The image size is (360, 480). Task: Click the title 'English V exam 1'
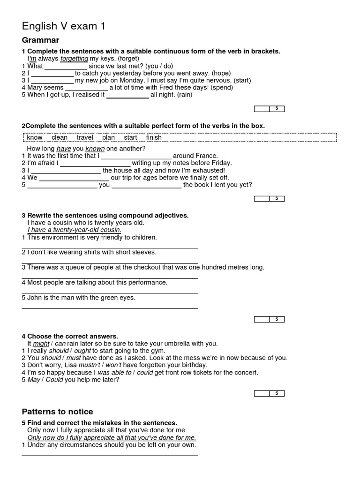click(x=64, y=27)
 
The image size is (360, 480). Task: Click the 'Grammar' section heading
click(x=40, y=40)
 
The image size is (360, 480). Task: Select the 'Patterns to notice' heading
click(x=57, y=412)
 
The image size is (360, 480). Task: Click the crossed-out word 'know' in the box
click(x=35, y=137)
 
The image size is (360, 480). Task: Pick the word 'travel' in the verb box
click(x=85, y=137)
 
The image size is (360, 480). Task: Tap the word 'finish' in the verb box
click(x=154, y=137)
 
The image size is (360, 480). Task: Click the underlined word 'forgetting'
click(x=74, y=59)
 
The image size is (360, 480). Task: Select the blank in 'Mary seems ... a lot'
click(x=86, y=88)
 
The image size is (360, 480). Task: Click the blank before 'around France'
click(x=136, y=156)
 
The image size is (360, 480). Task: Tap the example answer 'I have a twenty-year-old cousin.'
click(x=74, y=230)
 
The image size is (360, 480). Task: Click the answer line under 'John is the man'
click(x=110, y=307)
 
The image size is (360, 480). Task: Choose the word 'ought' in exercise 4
click(x=82, y=351)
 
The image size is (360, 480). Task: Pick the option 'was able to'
click(x=114, y=373)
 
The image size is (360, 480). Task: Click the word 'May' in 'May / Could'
click(x=34, y=380)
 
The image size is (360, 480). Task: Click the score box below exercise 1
click(x=269, y=109)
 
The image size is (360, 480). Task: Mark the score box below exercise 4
click(x=269, y=393)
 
